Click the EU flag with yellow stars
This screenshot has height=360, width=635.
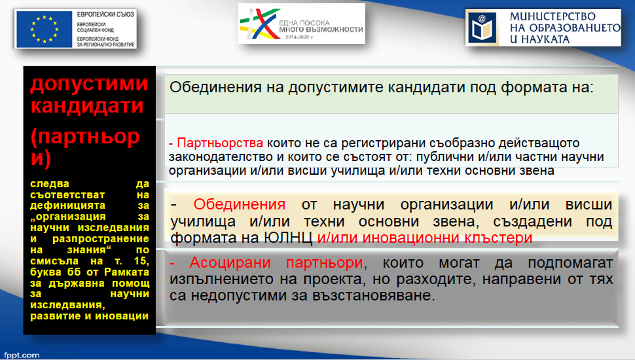(x=44, y=29)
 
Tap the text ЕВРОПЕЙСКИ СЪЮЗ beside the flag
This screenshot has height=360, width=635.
(x=105, y=14)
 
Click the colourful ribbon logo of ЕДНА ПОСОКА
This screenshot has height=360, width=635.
(x=259, y=24)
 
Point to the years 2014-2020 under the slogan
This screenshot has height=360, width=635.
(x=298, y=37)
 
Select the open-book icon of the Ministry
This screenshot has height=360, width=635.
(x=482, y=28)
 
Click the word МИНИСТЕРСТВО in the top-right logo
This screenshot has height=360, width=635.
(x=553, y=16)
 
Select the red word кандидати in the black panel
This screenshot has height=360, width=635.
(x=87, y=105)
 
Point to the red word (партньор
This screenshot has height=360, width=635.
(x=85, y=137)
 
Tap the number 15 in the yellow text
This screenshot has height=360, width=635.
(x=141, y=261)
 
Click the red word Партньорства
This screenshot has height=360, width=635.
(x=220, y=143)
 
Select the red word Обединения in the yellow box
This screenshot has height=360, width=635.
(x=240, y=204)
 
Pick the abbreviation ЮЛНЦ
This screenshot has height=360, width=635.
(x=288, y=238)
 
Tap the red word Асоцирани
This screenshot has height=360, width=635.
(x=230, y=263)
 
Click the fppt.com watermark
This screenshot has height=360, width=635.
(x=22, y=355)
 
